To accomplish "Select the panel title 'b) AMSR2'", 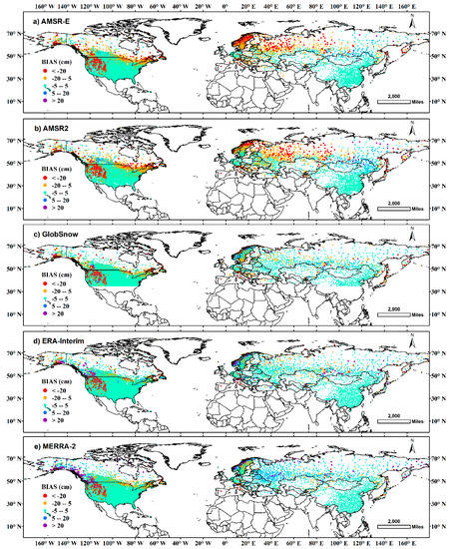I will tap(51, 130).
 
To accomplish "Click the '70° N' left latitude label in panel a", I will tap(11, 34).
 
